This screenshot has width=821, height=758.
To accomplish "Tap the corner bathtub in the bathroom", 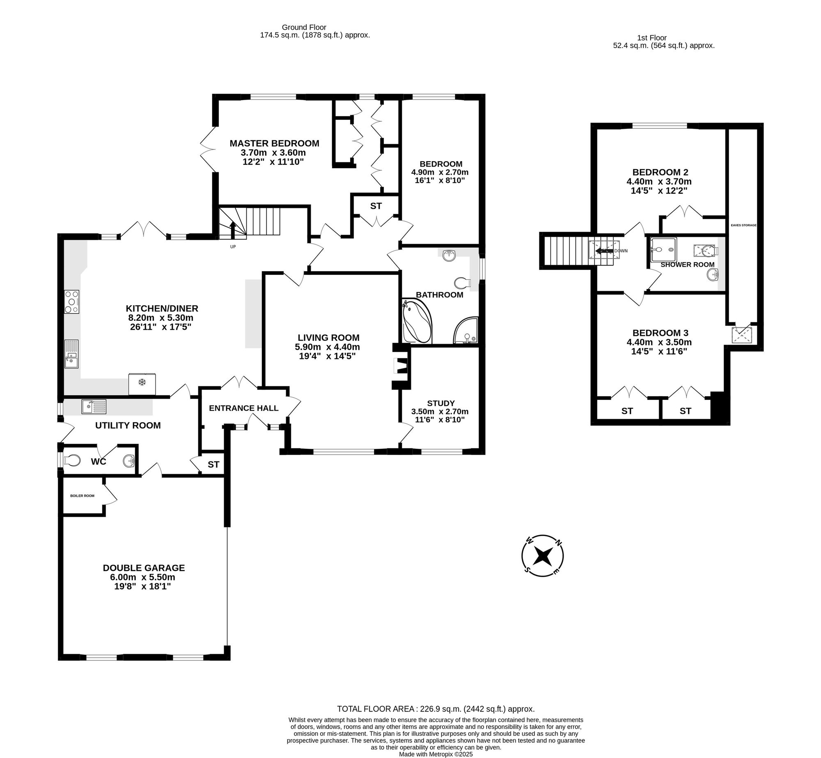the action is (x=416, y=321).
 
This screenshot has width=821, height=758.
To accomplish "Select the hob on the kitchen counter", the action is (x=71, y=302).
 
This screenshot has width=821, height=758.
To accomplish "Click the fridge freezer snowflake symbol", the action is (x=142, y=383).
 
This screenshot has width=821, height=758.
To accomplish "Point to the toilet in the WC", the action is (x=72, y=460).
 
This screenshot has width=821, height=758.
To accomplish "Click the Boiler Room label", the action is (x=82, y=495).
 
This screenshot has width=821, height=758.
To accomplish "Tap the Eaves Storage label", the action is (x=743, y=225).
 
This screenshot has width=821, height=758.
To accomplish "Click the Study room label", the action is (x=441, y=403).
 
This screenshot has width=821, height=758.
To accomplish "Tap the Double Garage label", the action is (x=144, y=568).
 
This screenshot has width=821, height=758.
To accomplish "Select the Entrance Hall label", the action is (x=243, y=408).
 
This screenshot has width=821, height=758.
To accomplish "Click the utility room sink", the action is (x=94, y=406).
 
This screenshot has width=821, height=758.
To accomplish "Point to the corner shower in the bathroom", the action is (x=466, y=330).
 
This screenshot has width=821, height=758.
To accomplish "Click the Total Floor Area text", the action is (x=436, y=709).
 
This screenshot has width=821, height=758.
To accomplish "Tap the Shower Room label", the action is (x=687, y=265).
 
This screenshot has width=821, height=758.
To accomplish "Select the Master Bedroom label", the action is (x=274, y=143).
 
